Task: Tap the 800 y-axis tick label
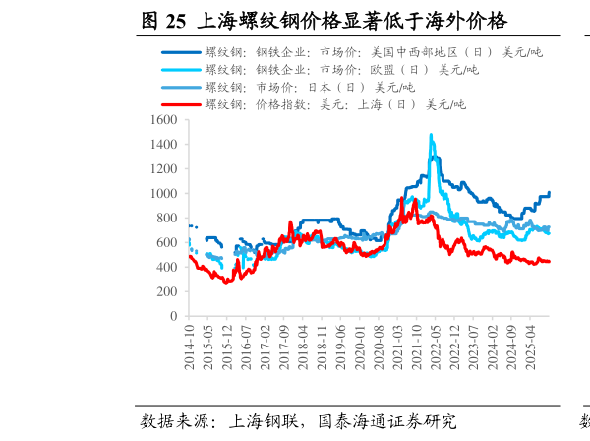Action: tap(166, 219)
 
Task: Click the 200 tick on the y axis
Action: tap(166, 292)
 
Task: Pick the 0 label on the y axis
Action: tap(173, 317)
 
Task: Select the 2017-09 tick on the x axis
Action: tap(283, 346)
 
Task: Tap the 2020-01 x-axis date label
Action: tap(359, 346)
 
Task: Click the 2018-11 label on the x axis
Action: tap(321, 346)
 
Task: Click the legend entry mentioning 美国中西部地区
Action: tap(374, 52)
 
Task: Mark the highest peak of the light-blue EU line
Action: tap(431, 135)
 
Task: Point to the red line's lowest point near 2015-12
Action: tap(226, 283)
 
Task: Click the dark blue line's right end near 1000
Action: tap(549, 193)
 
